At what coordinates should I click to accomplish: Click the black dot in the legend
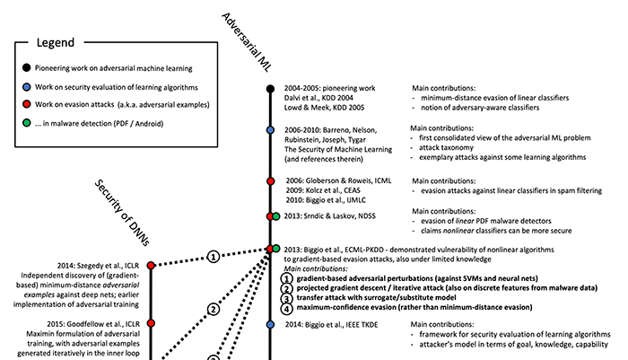(26, 67)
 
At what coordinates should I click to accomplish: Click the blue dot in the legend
(26, 86)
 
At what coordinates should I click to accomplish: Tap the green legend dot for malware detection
(26, 123)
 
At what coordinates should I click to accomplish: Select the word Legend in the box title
(56, 42)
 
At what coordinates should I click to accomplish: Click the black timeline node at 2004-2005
(270, 89)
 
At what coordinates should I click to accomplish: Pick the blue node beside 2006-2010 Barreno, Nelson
(270, 130)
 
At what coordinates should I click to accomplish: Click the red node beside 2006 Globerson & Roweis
(270, 181)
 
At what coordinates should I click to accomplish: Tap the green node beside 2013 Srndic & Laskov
(276, 216)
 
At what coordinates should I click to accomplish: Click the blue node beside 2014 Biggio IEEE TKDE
(270, 324)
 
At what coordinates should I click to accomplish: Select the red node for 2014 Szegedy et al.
(151, 266)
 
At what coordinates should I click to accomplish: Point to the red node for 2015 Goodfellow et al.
(151, 323)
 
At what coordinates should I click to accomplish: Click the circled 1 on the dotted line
(214, 257)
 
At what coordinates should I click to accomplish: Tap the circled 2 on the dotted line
(214, 310)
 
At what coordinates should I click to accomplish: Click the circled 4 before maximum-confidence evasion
(286, 308)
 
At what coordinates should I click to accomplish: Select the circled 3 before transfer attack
(286, 299)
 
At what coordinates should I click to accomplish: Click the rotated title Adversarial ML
(247, 42)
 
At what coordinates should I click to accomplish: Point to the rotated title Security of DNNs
(122, 212)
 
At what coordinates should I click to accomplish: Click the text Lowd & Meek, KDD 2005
(325, 108)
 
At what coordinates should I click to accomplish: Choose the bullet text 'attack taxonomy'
(446, 147)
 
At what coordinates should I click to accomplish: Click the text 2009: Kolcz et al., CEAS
(323, 190)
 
